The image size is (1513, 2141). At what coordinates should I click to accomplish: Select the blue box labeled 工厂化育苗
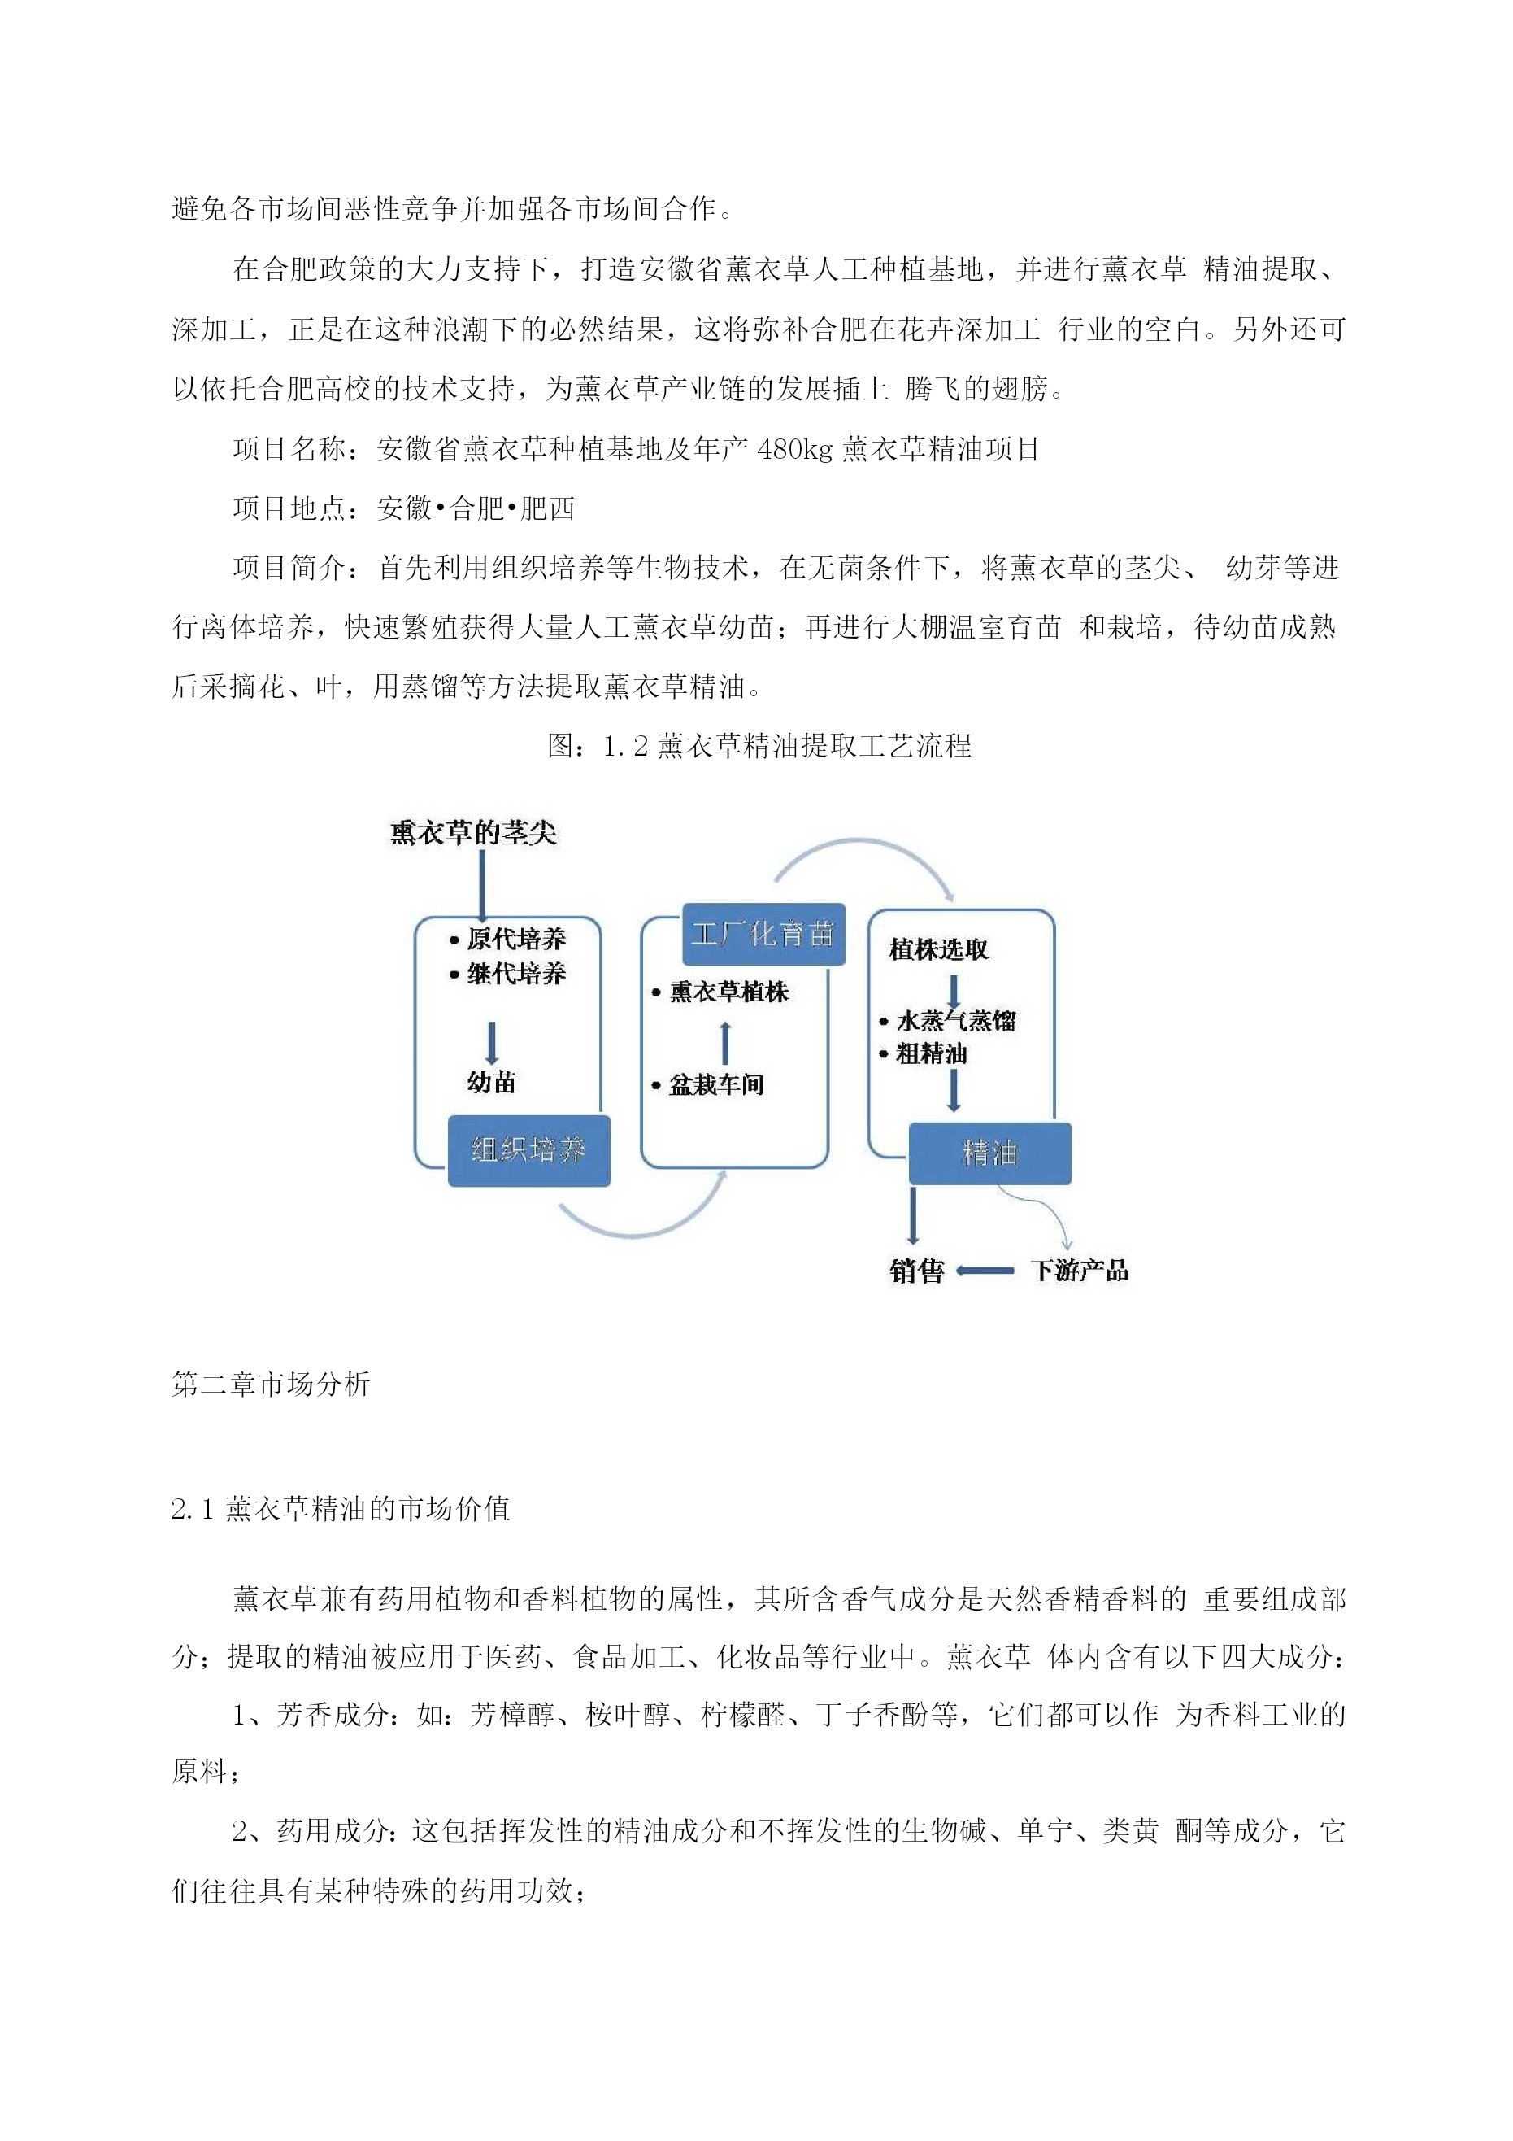pos(763,933)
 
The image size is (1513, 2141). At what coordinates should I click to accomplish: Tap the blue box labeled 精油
pos(989,1153)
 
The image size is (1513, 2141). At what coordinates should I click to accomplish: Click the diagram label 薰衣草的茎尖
pos(473,833)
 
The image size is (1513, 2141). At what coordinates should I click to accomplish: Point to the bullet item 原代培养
pos(508,939)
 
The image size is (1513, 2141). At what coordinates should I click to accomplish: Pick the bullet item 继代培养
pos(508,975)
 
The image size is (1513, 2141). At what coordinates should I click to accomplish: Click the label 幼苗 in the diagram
pos(491,1083)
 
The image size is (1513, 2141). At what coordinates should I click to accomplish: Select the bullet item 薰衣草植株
pos(720,992)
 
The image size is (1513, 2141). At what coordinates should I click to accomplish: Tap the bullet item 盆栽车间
pos(708,1084)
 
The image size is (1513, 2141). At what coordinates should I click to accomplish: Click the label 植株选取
pos(939,950)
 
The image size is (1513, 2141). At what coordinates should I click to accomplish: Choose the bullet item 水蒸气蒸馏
pos(947,1021)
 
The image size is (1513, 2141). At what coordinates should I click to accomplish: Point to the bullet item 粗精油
pos(923,1053)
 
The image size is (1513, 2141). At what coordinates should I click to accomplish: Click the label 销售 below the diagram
pos(916,1271)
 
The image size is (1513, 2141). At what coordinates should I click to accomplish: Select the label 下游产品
pos(1080,1270)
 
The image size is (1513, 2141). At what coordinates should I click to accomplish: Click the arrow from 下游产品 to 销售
pos(985,1270)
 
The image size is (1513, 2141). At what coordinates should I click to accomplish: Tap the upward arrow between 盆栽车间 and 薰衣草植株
pos(725,1043)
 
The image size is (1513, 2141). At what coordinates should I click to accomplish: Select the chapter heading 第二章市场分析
pos(272,1384)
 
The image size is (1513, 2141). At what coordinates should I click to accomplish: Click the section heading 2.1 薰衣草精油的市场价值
pos(341,1510)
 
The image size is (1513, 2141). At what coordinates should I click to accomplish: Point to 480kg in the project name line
pos(795,450)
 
